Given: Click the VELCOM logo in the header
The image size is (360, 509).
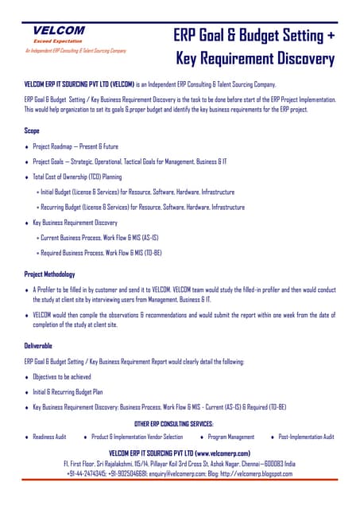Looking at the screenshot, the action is click(x=59, y=30).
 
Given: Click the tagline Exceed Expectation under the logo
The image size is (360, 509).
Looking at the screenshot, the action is click(x=58, y=40).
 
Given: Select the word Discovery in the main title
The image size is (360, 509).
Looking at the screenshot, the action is click(x=297, y=59).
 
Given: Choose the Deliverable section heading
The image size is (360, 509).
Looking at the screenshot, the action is click(x=41, y=346).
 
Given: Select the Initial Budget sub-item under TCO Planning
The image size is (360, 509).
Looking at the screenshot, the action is click(x=135, y=192).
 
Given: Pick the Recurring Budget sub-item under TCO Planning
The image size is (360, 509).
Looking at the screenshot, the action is click(x=140, y=207).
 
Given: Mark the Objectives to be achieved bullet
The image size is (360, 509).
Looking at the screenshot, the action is click(x=61, y=376).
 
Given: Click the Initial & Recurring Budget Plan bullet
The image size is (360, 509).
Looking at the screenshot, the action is click(x=68, y=391).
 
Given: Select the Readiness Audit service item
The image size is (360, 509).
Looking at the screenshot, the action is click(x=49, y=437).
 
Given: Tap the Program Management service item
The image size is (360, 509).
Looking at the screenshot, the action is click(x=230, y=437).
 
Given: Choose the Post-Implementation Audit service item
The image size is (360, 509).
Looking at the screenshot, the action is click(x=306, y=437).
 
